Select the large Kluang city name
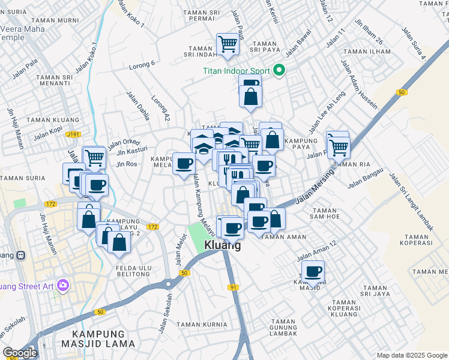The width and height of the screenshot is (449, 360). pos(223,245)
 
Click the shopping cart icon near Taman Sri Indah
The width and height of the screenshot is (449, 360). pos(228,44)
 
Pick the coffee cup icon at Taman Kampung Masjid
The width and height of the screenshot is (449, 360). pos(313,271)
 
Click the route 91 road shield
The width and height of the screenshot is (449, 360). pos(232,287)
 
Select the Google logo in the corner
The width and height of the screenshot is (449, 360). pos(20,353)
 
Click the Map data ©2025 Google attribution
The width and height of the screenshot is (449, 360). pos(411,355)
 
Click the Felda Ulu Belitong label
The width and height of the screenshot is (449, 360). pos(129,269)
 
